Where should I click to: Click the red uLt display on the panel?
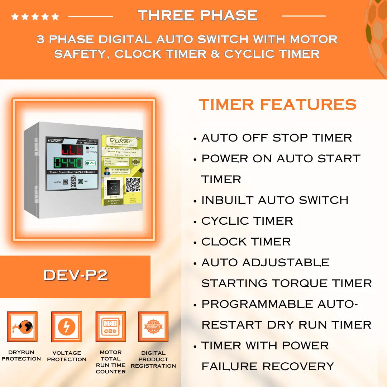72,149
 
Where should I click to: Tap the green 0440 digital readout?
68,163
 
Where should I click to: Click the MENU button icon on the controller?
65,182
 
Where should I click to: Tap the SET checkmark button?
81,182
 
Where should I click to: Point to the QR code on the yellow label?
133,184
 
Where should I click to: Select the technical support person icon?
107,171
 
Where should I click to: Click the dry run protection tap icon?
22,326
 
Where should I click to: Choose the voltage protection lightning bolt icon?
67,326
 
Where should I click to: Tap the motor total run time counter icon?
110,326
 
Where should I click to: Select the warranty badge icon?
153,326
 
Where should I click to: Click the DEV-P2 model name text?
76,275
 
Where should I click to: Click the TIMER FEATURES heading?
278,105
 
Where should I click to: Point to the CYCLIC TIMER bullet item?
247,221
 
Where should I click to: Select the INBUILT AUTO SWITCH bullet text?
274,200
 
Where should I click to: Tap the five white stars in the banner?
35,16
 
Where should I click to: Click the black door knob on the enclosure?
142,171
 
